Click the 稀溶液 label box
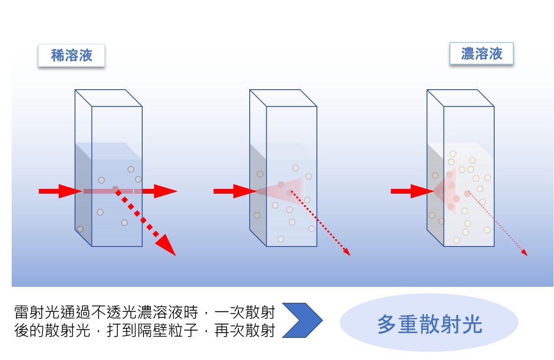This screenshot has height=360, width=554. [x=72, y=55]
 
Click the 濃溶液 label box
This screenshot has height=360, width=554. [x=481, y=54]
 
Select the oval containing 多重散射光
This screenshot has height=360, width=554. [x=429, y=323]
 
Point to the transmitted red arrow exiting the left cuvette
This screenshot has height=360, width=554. [x=163, y=191]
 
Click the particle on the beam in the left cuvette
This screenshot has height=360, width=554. [x=115, y=189]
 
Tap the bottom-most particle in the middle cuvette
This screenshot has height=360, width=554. [x=281, y=239]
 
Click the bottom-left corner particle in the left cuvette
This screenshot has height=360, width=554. [x=80, y=229]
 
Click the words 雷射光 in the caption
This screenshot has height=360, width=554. [x=33, y=312]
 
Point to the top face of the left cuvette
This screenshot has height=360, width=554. [x=108, y=97]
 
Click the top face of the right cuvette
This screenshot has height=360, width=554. [x=460, y=97]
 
